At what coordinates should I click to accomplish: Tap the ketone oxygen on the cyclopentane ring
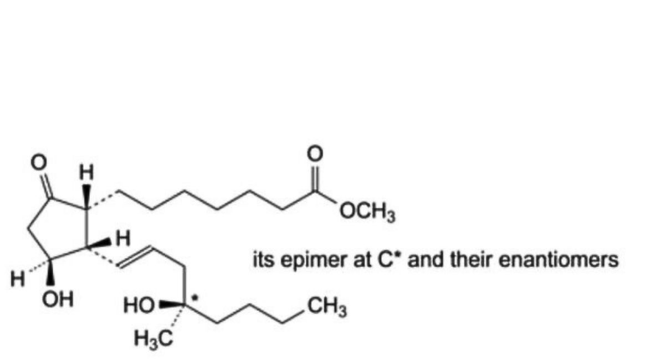tap(39, 163)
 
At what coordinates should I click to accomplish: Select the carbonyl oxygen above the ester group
tap(315, 154)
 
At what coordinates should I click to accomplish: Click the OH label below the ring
tap(58, 299)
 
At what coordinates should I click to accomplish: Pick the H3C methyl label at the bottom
tap(153, 339)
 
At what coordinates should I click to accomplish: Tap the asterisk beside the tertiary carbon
tap(195, 297)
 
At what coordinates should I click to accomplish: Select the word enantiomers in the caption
tap(559, 260)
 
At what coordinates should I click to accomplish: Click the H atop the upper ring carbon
tap(86, 172)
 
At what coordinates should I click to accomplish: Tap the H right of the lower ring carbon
tap(123, 239)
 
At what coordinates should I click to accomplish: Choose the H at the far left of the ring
tap(18, 280)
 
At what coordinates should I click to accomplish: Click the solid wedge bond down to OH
tap(50, 274)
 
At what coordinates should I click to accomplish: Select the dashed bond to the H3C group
tap(177, 317)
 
